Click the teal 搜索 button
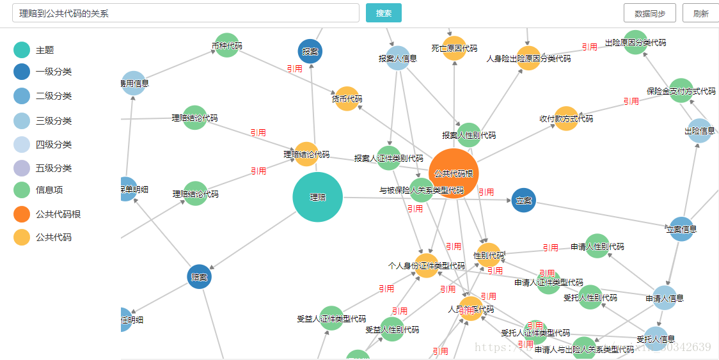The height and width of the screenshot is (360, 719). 384,13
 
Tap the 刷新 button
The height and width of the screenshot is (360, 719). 700,13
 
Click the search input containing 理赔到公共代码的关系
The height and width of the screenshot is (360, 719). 186,13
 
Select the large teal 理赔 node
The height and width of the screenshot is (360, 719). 317,197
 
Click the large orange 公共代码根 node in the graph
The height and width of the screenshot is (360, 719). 454,173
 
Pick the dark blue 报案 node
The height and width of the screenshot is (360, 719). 310,51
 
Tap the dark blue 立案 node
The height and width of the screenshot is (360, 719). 524,200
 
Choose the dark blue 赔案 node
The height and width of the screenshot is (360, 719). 199,277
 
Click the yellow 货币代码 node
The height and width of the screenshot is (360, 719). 347,98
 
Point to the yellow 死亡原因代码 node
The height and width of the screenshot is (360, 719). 454,49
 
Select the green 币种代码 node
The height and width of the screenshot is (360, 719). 226,45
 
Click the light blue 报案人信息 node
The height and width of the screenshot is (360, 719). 398,58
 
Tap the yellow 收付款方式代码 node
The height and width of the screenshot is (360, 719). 566,118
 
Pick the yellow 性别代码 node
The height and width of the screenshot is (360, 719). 489,255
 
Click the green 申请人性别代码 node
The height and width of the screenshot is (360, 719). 597,246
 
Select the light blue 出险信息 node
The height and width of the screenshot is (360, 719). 699,131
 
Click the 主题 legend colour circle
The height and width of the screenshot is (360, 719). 22,50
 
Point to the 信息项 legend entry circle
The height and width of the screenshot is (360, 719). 22,190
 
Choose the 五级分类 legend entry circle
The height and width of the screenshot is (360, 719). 22,168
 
